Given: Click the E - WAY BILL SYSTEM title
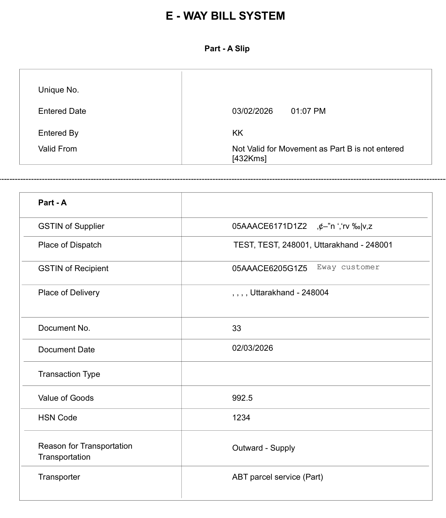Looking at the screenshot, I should [x=225, y=16].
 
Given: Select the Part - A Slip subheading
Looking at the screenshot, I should [x=227, y=49].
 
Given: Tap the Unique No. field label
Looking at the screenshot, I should [x=59, y=90].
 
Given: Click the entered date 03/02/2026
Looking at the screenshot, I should [x=252, y=111].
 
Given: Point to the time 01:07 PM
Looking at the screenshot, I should [x=308, y=111].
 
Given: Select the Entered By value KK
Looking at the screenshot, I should [x=238, y=133].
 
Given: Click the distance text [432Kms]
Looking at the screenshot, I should [x=249, y=159].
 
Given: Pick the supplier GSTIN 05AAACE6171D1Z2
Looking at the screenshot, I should [x=269, y=226].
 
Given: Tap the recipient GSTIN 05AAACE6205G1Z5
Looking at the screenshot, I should [x=269, y=269].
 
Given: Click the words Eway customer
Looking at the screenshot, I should [x=348, y=267].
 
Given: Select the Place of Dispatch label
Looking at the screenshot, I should [x=70, y=245].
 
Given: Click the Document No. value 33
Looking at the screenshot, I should [x=237, y=328].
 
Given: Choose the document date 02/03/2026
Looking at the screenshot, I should [x=252, y=348].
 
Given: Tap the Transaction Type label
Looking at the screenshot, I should [x=69, y=374].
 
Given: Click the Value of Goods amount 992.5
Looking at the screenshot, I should [x=242, y=398].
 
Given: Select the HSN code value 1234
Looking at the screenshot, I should [x=241, y=418].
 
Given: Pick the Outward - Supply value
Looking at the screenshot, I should [x=263, y=448].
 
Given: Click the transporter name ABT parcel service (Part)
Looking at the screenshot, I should [x=277, y=477].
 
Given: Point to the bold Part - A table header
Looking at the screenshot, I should [x=52, y=203].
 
